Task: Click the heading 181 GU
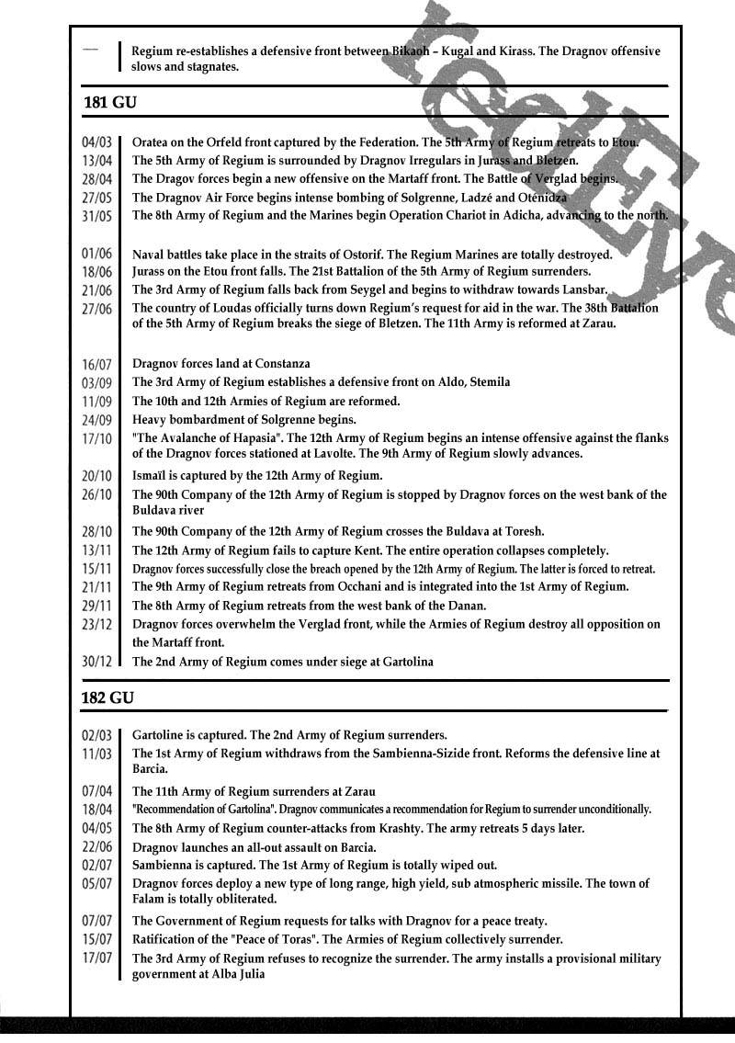[x=108, y=101]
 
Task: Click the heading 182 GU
[x=108, y=698]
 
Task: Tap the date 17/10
[x=96, y=438]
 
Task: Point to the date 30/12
[x=96, y=662]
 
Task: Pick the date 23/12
[x=96, y=625]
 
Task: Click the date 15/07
[x=96, y=940]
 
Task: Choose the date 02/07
[x=96, y=866]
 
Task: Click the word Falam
[x=150, y=899]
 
